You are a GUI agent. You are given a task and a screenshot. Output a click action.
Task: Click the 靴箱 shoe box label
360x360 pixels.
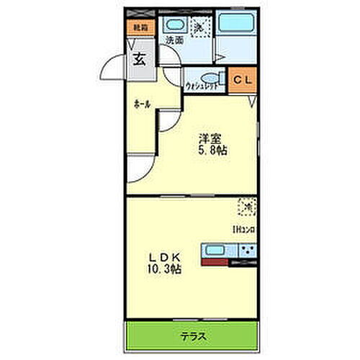(x=137, y=27)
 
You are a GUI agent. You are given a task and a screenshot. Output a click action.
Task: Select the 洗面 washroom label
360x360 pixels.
(x=174, y=41)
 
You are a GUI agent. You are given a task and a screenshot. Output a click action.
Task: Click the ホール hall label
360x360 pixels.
(x=142, y=104)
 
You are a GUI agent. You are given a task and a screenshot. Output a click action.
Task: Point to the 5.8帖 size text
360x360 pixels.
(x=211, y=152)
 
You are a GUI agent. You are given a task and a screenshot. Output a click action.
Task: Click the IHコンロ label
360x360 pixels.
(x=243, y=230)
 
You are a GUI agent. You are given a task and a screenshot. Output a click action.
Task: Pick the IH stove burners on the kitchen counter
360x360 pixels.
(x=246, y=251)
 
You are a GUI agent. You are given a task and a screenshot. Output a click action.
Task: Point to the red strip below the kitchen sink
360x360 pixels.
(x=215, y=263)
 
